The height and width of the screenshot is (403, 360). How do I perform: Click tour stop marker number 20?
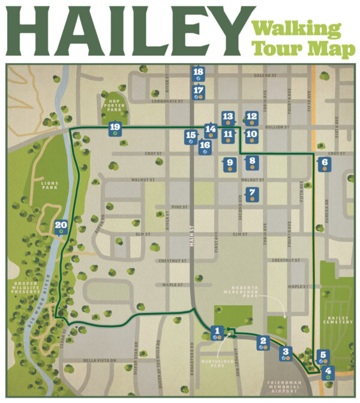tap(61, 227)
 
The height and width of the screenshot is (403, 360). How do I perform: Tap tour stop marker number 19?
tap(115, 128)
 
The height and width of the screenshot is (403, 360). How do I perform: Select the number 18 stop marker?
tap(199, 74)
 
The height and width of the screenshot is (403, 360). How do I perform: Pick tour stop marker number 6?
tap(325, 163)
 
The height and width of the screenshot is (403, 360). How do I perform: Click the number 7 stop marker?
tap(252, 194)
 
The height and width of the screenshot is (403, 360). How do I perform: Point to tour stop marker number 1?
tap(217, 332)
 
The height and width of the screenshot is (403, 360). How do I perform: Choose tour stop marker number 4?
tap(328, 372)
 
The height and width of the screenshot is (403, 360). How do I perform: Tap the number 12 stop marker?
tap(252, 118)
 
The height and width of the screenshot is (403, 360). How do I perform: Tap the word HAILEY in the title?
tap(124, 28)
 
